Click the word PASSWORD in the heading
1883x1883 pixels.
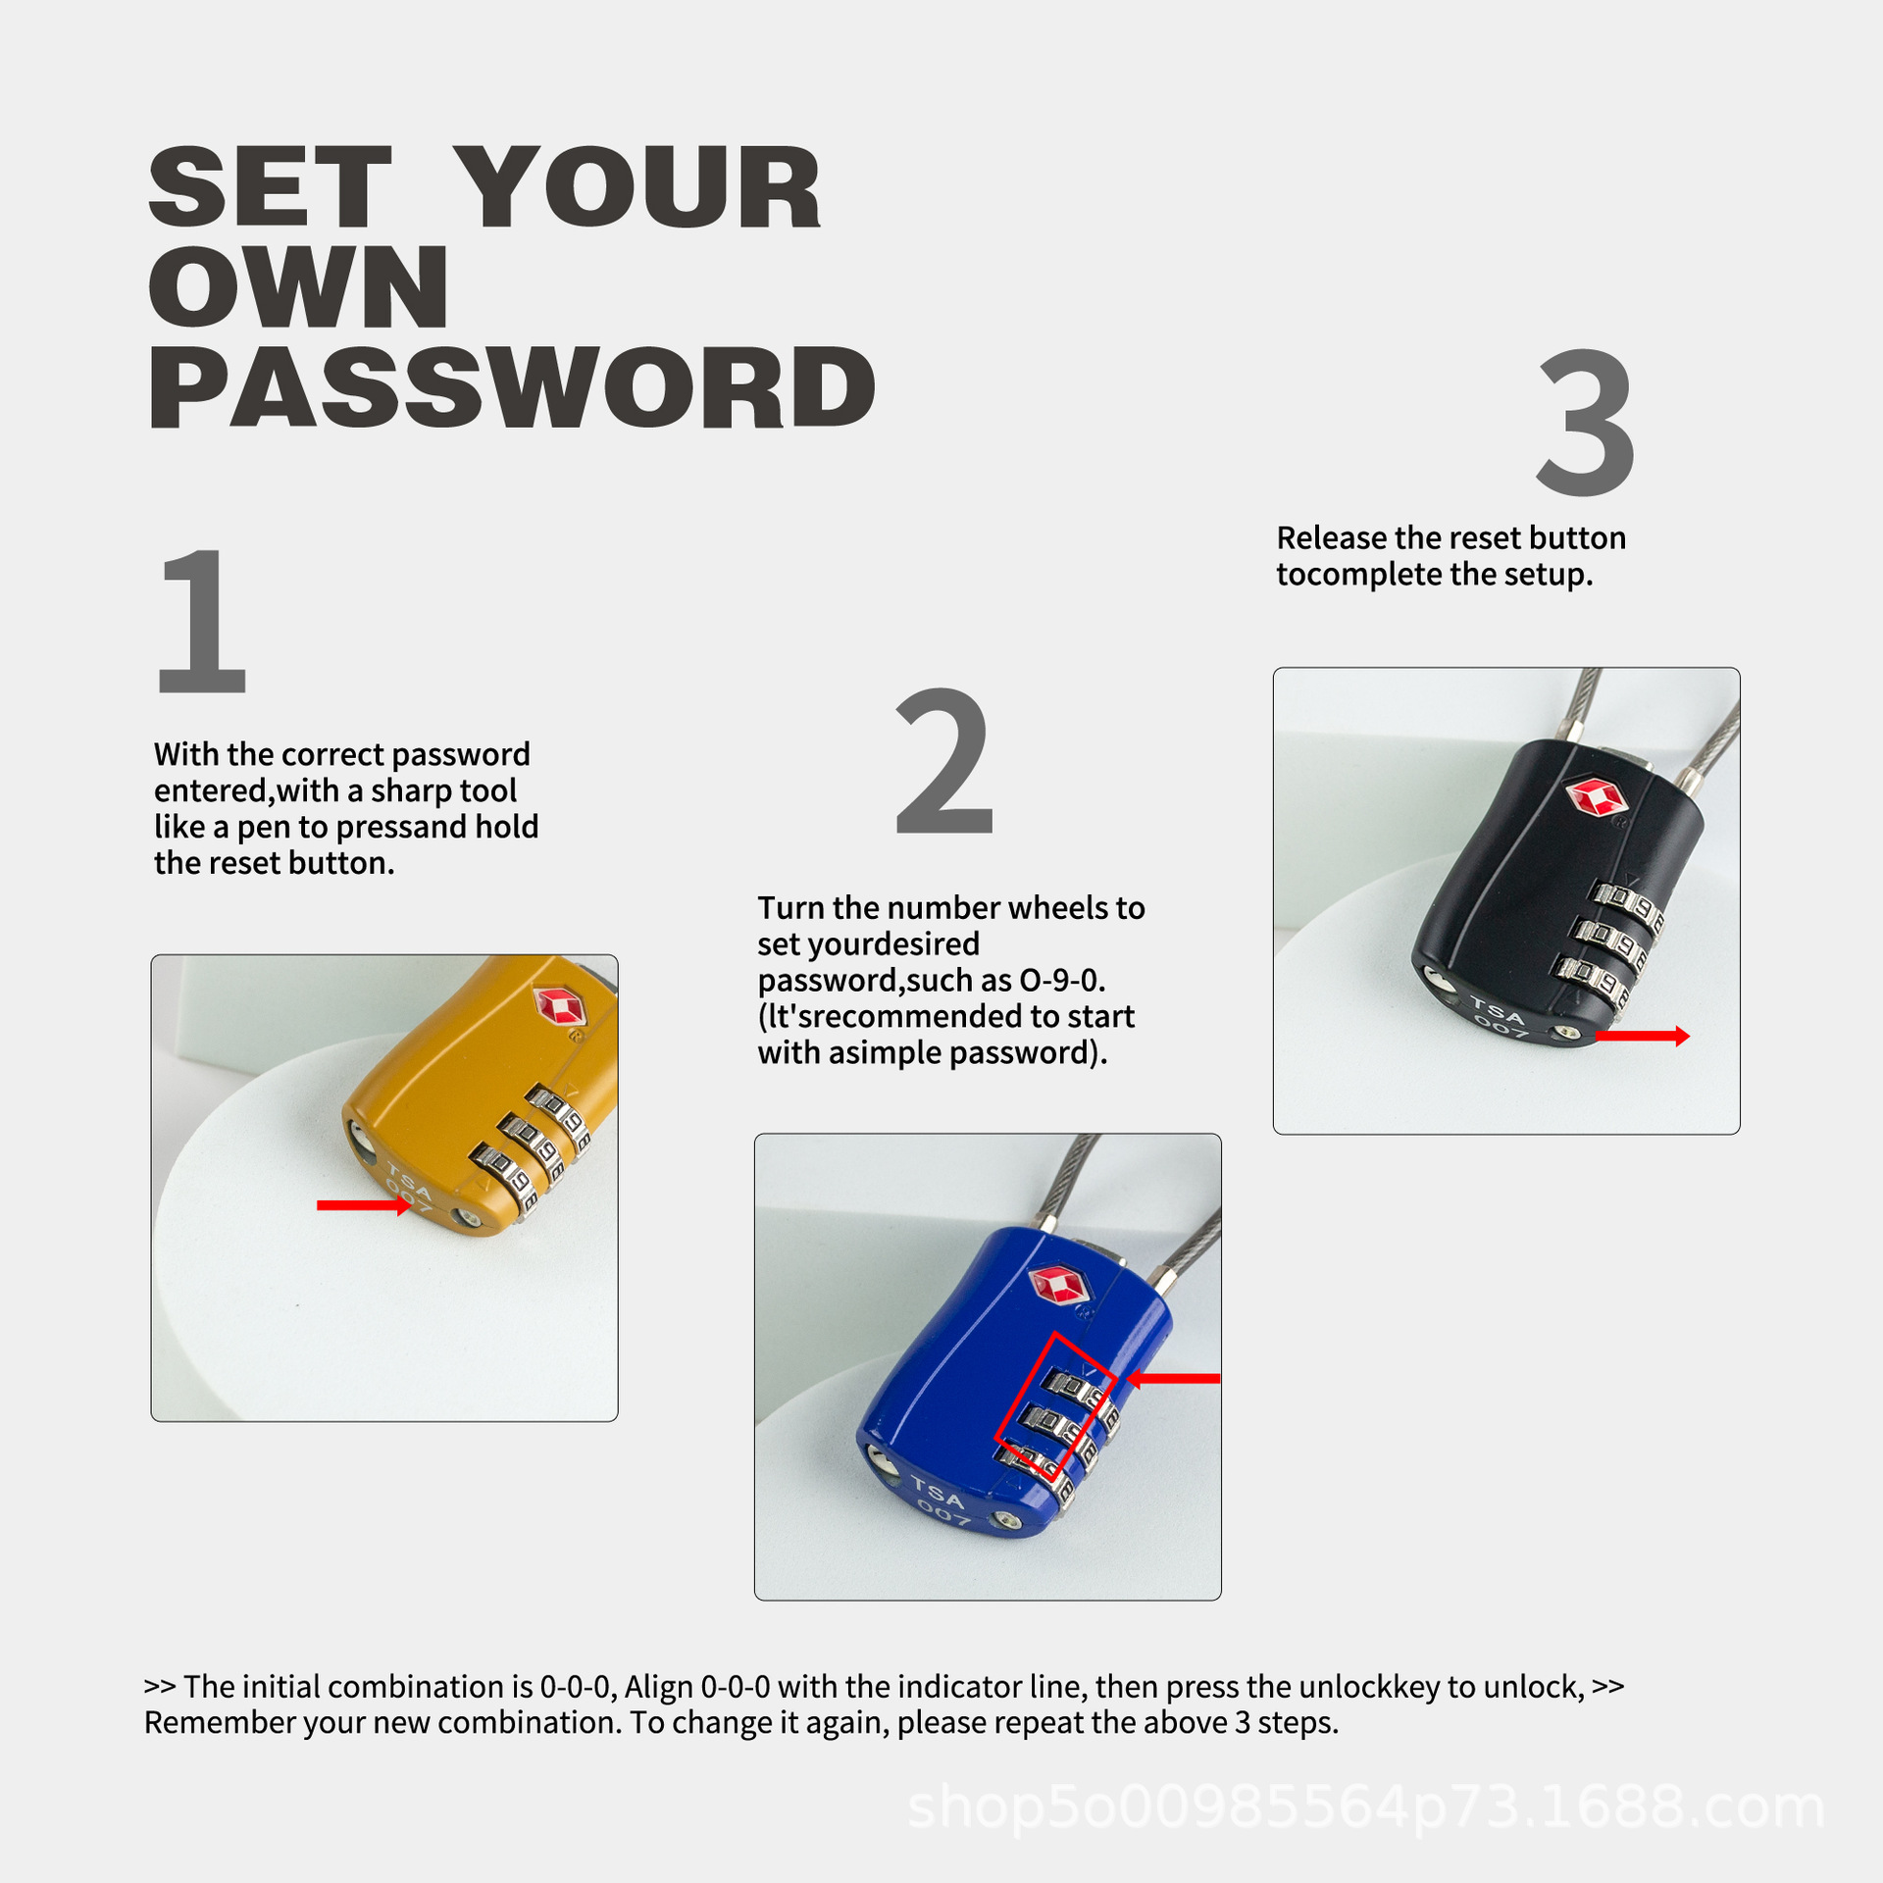512,387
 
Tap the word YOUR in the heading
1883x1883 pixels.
637,186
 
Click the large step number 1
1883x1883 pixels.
202,622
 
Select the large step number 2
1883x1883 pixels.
944,761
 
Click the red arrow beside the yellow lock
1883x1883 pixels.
364,1205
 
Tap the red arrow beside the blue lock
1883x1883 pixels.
1173,1379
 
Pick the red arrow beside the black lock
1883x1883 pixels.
1643,1036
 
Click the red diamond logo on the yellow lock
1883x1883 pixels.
559,1006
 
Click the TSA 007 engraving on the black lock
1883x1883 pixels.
1500,1016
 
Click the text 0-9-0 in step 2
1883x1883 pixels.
1063,980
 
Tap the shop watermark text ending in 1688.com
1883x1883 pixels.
1365,1807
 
